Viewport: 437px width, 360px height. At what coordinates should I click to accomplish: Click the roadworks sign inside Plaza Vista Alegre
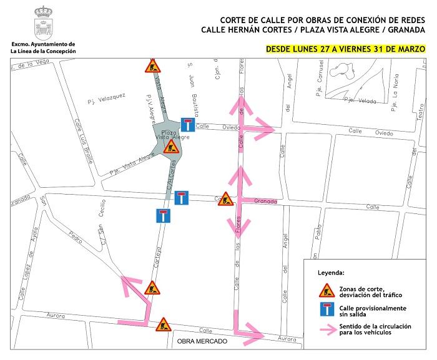171,147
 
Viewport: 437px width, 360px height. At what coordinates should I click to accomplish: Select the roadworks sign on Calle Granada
225,199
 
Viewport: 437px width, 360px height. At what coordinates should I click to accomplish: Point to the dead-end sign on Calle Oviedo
187,124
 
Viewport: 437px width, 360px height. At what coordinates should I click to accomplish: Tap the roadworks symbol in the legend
325,290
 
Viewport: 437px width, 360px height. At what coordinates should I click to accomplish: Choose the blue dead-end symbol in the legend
325,311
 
